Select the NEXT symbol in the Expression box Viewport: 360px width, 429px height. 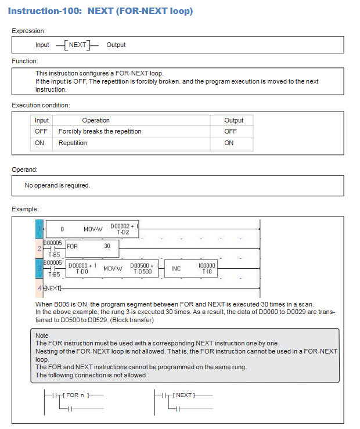77,45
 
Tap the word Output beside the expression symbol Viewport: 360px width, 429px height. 116,45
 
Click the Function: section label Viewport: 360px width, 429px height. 25,61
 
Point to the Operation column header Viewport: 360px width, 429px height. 96,120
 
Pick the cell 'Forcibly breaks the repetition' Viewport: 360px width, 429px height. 100,131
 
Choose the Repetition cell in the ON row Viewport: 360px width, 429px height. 73,143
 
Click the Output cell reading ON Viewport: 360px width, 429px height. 229,143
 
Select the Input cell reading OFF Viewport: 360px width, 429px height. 41,131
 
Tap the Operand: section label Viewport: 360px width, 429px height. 24,170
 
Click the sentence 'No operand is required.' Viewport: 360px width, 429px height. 57,185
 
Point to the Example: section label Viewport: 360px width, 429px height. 25,208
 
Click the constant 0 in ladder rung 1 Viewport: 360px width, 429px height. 62,229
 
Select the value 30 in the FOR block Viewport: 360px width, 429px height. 107,246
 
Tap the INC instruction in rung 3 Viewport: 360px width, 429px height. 176,268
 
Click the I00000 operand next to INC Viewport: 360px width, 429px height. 207,268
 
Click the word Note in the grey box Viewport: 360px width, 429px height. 42,336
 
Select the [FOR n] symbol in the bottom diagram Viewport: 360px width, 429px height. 75,395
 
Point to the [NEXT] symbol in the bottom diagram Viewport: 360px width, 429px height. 184,395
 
